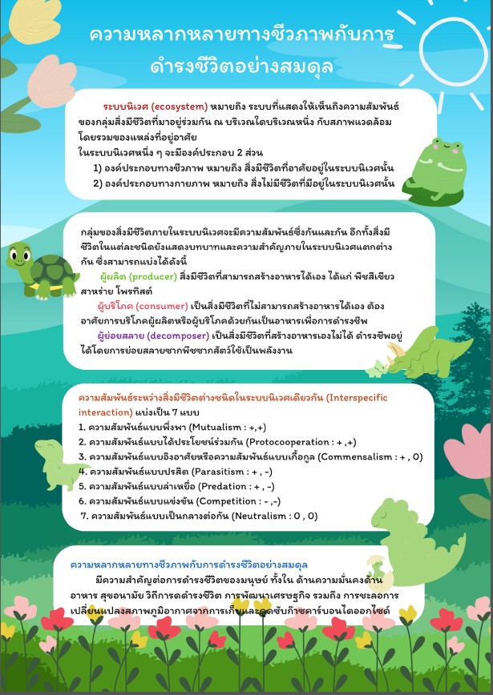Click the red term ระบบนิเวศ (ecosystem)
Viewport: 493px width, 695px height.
[155, 106]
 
